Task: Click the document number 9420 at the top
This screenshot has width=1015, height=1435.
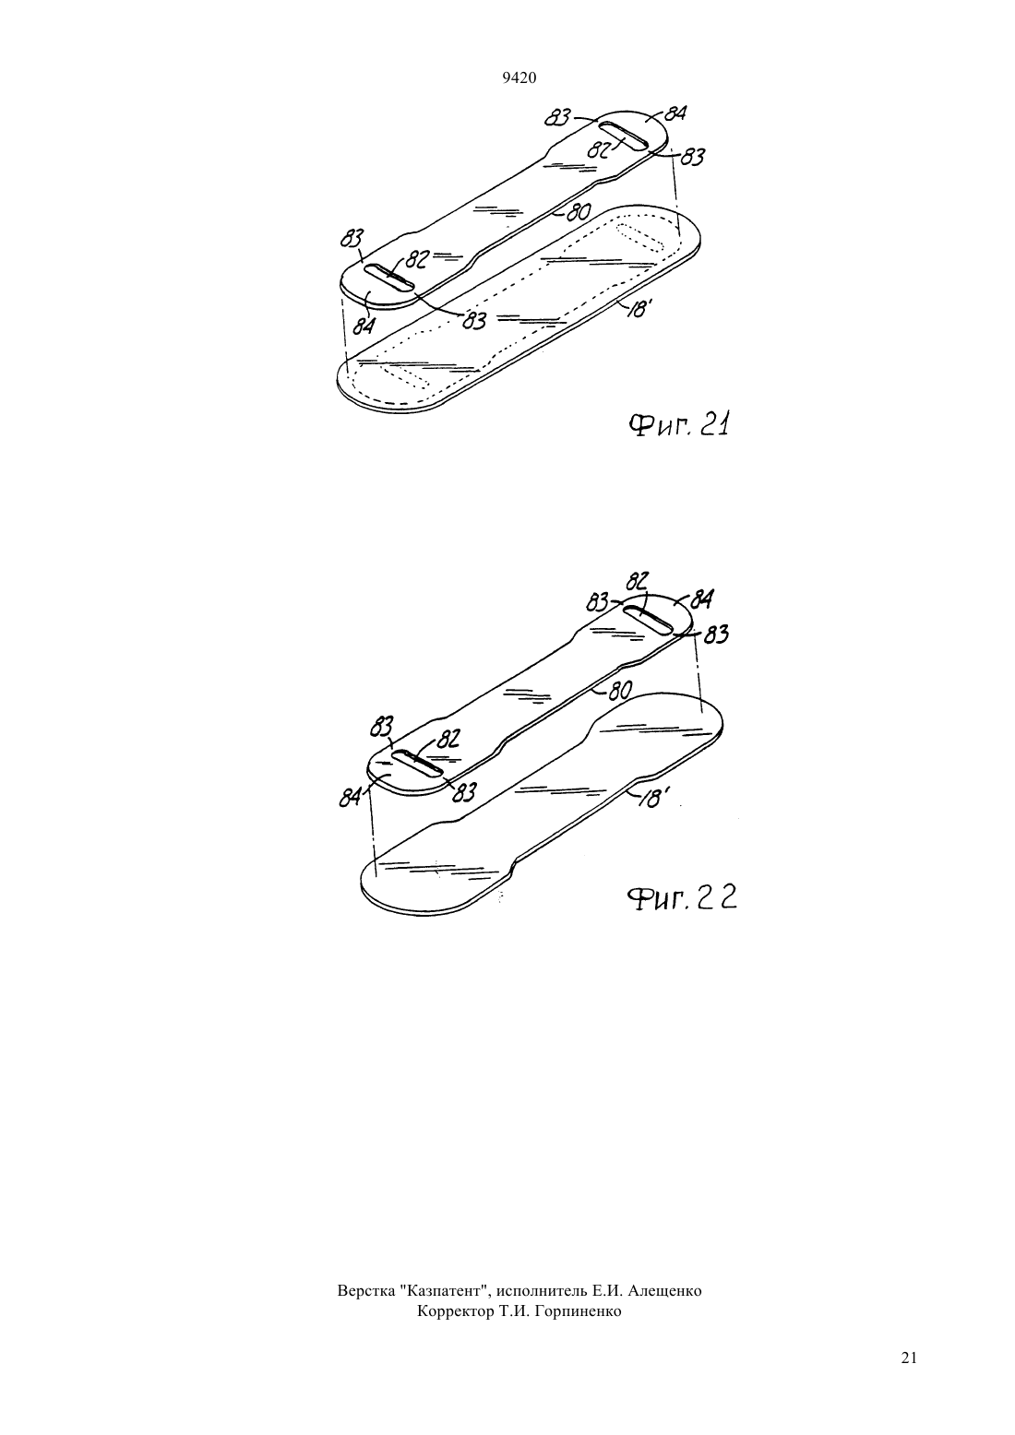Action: (519, 78)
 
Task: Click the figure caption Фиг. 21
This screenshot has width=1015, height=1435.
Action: (679, 424)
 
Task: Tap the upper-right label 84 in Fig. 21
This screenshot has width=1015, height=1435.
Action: (676, 114)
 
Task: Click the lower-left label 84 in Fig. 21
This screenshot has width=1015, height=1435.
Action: (364, 326)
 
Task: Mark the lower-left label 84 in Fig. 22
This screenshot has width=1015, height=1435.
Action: (350, 799)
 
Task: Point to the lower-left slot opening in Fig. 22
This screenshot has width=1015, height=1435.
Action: (417, 763)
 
